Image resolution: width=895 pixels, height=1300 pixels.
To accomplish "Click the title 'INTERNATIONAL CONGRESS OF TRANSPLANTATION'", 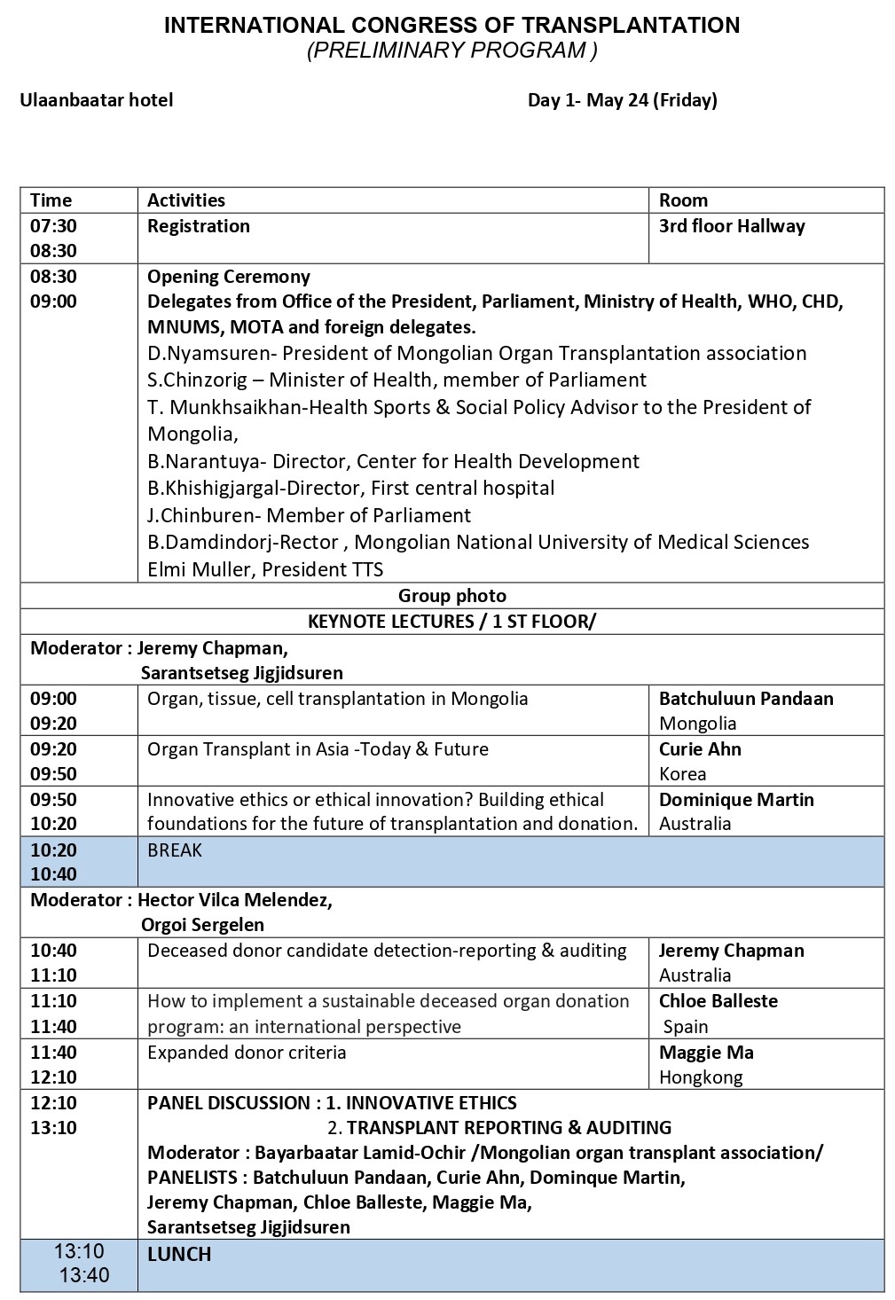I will [451, 26].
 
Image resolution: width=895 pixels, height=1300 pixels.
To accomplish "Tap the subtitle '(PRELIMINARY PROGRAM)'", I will [451, 51].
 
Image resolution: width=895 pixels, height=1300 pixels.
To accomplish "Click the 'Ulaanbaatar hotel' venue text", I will [97, 100].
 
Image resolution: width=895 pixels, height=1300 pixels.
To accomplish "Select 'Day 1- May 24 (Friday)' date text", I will [622, 100].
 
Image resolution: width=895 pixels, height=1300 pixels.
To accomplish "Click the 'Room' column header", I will [683, 200].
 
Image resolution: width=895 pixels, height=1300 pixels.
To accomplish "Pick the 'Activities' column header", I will [186, 200].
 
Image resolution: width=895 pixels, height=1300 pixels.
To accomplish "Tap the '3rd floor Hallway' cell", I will [732, 226].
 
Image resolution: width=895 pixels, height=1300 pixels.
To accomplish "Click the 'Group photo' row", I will [451, 596].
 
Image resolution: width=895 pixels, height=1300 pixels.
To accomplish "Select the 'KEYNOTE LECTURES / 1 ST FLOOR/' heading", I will [451, 622].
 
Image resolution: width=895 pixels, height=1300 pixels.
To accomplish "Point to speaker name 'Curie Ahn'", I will [700, 749].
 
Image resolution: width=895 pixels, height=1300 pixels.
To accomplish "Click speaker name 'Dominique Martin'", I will [736, 800].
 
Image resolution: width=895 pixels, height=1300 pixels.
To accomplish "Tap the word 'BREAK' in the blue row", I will [175, 850].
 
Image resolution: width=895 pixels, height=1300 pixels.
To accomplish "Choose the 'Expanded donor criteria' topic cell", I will [247, 1053].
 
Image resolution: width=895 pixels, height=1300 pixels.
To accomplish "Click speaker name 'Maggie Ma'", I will [706, 1053].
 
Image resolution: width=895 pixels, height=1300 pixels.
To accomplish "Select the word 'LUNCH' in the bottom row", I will [179, 1254].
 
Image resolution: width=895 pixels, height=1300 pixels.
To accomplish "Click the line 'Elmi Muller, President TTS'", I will [265, 569].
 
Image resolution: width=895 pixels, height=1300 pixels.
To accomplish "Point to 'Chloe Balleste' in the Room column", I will [718, 1001].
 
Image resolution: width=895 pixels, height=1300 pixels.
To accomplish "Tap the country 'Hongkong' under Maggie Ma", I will [701, 1077].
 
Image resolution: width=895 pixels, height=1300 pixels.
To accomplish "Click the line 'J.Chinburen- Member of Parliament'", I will [309, 515].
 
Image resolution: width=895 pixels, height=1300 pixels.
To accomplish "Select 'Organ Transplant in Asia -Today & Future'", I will [318, 749].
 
